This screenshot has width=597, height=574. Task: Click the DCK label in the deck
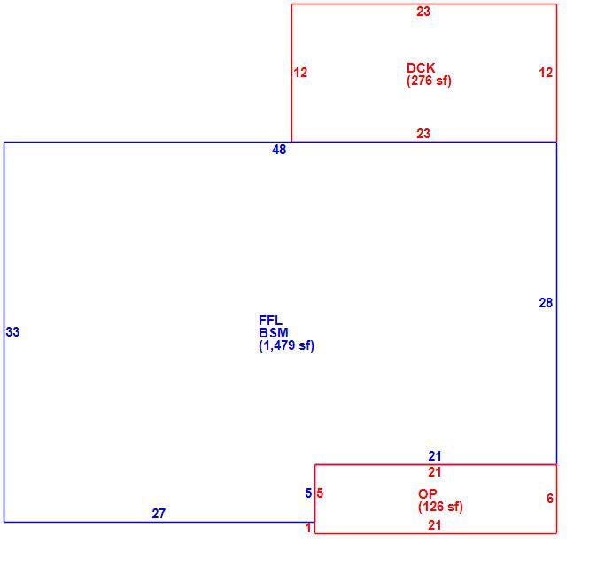[x=421, y=67]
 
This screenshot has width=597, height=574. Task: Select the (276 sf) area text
[x=429, y=81]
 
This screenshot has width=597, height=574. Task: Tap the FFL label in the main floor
[x=270, y=320]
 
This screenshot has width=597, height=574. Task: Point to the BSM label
[x=274, y=333]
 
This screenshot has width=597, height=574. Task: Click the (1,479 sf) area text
[x=286, y=345]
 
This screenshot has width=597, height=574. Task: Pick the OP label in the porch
[x=427, y=494]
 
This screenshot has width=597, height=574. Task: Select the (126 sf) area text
[x=440, y=507]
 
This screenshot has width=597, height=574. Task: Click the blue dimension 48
[x=279, y=150]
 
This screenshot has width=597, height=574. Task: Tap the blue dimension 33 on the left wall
[x=12, y=332]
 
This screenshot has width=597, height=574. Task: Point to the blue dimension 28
[x=546, y=303]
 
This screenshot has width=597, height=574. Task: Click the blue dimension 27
[x=159, y=514]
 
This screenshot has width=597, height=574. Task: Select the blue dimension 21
[x=434, y=456]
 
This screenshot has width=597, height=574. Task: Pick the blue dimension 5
[x=308, y=493]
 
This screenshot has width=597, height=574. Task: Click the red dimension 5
[x=320, y=493]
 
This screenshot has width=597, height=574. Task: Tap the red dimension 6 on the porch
[x=550, y=498]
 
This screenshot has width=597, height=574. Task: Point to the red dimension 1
[x=308, y=528]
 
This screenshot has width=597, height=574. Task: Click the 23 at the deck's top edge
[x=423, y=12]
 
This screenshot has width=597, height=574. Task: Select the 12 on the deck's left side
[x=300, y=73]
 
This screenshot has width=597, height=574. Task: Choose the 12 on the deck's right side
[x=546, y=73]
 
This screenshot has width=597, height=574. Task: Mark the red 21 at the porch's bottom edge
[x=434, y=525]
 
